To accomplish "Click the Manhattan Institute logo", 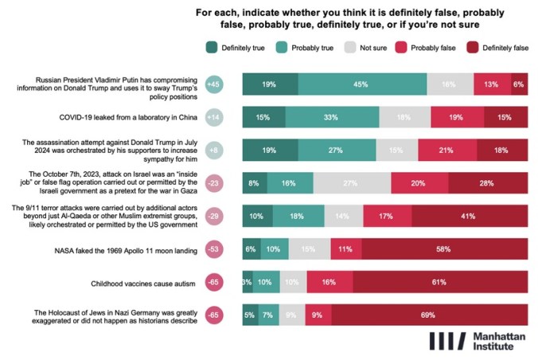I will click(x=477, y=341).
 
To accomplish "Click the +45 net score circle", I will click(x=213, y=84).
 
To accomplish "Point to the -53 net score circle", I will click(x=213, y=249).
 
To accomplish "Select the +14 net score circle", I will click(x=213, y=117).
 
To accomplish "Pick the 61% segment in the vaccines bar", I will click(x=439, y=283).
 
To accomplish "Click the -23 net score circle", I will click(x=213, y=183).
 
